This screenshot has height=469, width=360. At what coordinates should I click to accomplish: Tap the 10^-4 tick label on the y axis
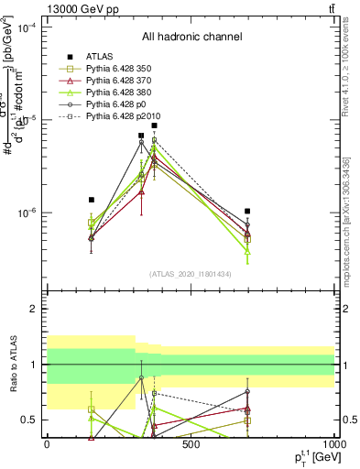pyautogui.click(x=27, y=27)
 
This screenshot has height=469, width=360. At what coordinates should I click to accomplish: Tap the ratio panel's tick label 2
pyautogui.click(x=34, y=309)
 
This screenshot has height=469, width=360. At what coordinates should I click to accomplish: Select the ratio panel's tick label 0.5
pyautogui.click(x=30, y=420)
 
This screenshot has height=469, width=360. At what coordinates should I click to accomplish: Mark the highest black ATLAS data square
pyautogui.click(x=155, y=125)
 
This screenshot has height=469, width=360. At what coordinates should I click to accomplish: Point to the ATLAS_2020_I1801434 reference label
pyautogui.click(x=191, y=274)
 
